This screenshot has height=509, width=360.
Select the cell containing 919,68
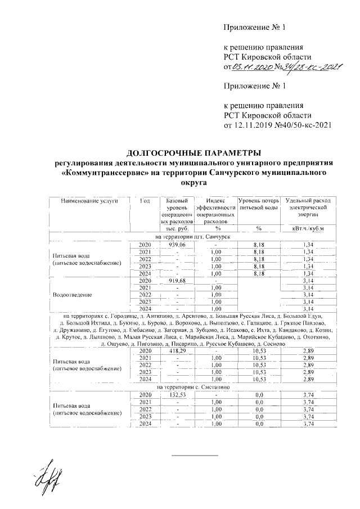pos(177,280)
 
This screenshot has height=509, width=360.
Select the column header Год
pos(145,201)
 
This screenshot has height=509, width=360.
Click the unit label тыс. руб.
pos(177,228)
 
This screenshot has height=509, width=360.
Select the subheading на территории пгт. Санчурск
pos(194,237)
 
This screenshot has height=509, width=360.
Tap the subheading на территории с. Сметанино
pos(194,388)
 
